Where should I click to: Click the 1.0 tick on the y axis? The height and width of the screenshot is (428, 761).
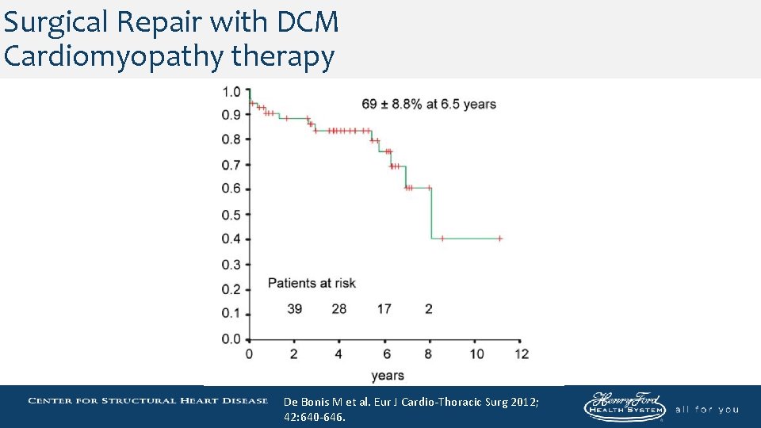231,92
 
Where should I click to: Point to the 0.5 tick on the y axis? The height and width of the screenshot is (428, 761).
231,214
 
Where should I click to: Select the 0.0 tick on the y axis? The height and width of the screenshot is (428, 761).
231,339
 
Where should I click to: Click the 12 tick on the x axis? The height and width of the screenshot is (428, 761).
522,353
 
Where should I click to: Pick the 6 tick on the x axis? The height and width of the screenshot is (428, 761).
386,353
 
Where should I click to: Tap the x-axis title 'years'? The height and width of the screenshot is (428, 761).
387,375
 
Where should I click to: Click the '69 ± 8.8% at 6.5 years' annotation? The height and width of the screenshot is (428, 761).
428,104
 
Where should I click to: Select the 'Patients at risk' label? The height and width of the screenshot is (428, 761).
312,283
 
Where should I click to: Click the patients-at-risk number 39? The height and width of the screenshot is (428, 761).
294,308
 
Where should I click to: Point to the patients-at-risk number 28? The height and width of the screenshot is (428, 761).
339,308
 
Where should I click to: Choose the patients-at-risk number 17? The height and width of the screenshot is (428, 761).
384,308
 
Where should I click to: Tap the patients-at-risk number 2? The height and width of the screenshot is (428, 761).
429,308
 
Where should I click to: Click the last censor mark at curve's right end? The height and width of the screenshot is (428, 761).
500,238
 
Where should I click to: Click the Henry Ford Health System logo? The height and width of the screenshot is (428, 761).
625,407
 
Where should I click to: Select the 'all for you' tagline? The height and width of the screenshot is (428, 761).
706,409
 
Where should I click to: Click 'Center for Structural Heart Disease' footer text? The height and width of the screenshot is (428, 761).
147,400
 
